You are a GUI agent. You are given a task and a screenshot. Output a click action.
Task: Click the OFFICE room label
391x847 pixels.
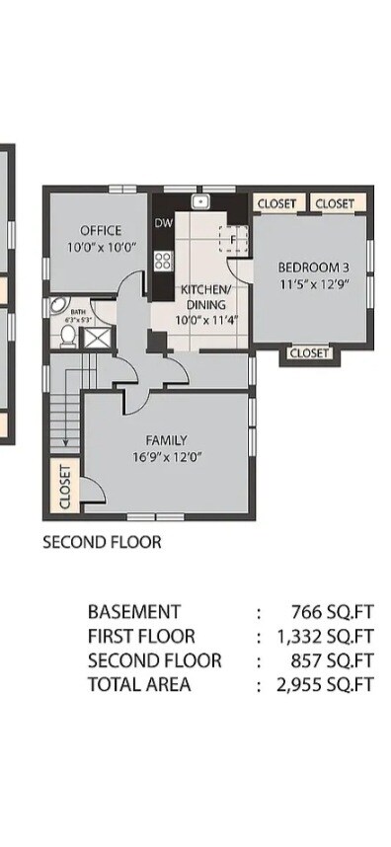tap(101, 231)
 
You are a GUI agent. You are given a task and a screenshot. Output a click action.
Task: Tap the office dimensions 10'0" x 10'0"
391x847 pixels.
tap(101, 248)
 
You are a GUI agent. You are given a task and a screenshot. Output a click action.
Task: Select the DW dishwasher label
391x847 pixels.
tap(163, 223)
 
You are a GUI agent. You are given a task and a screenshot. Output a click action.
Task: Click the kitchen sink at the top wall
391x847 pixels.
tap(200, 202)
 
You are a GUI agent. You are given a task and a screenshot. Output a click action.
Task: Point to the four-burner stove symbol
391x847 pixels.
tap(163, 262)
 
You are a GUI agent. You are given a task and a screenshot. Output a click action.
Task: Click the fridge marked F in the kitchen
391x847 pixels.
tap(234, 240)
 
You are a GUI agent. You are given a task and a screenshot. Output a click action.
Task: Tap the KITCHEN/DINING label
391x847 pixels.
tap(203, 297)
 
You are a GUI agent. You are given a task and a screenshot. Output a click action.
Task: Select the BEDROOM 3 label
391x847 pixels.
tap(313, 267)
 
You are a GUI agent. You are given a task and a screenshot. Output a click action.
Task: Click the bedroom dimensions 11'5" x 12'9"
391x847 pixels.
tap(313, 284)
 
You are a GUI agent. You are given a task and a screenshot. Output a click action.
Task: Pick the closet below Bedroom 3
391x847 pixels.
tap(308, 352)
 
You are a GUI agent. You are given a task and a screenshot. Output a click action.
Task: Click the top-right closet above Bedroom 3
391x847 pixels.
tap(335, 203)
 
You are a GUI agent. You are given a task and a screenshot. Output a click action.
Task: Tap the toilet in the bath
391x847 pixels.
tap(66, 337)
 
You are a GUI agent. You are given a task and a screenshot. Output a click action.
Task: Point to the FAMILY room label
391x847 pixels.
tap(165, 440)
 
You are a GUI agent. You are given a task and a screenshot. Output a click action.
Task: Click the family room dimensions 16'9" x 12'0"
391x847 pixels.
tap(165, 457)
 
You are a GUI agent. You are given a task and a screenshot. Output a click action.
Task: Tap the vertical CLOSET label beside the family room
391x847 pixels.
tap(65, 487)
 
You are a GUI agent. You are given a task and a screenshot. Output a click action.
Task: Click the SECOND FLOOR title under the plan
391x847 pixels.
tap(102, 542)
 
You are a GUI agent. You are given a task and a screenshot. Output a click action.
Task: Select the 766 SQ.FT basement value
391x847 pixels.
tap(332, 612)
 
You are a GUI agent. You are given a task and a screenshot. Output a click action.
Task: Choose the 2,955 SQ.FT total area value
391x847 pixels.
tap(325, 684)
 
